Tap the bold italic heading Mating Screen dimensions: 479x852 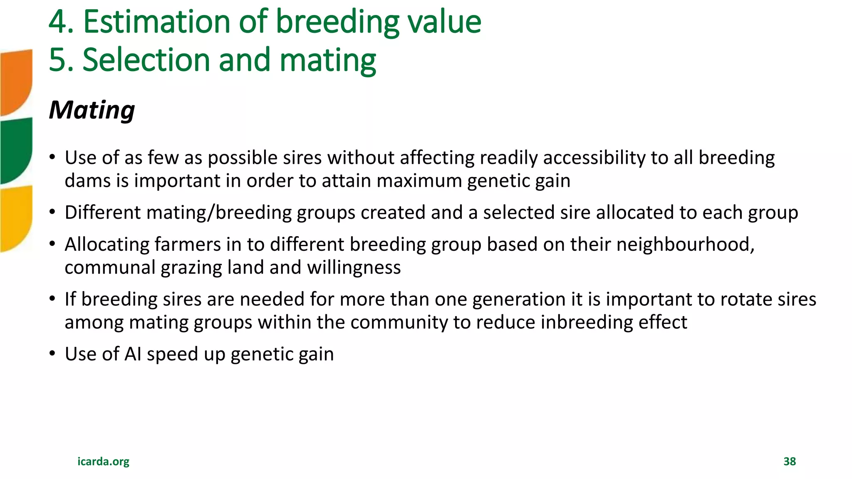point(92,110)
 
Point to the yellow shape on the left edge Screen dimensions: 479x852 point(16,218)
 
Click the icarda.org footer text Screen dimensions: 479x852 point(103,462)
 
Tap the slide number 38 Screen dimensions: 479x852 point(789,462)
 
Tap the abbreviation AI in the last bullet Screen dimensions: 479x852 point(133,354)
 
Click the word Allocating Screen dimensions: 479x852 point(107,244)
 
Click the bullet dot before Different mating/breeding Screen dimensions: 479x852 point(52,212)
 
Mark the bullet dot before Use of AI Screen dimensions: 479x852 point(52,354)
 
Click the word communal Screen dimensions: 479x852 point(110,267)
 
